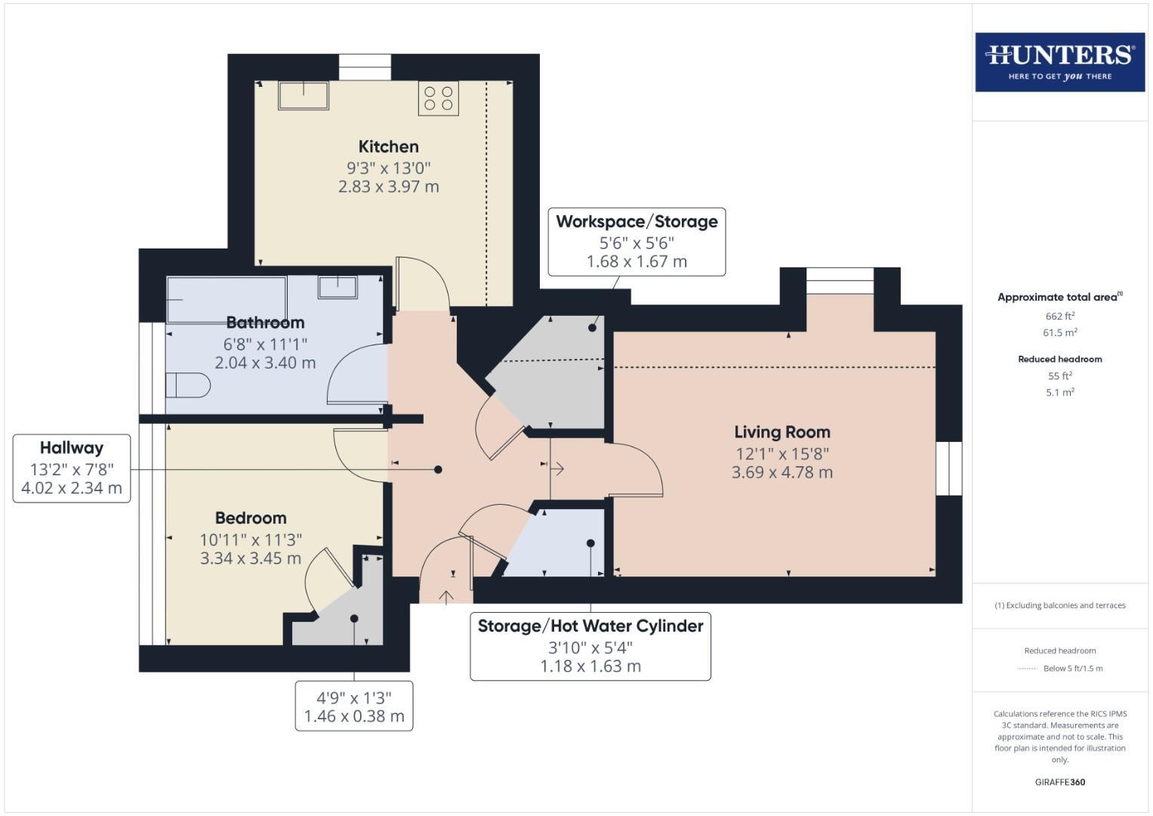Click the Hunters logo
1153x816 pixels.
point(1059,62)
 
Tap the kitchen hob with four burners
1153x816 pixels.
point(439,98)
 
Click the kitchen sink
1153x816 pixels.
point(304,96)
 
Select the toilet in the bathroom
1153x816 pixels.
point(187,385)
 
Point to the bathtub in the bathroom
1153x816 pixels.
point(227,299)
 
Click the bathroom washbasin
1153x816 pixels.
point(337,287)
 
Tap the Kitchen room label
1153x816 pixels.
point(388,147)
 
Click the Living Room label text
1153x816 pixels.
point(782,432)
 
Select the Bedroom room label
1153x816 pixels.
point(251,518)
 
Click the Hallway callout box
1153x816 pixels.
point(72,468)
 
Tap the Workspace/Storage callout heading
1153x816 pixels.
point(637,222)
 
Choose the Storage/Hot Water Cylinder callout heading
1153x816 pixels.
point(590,626)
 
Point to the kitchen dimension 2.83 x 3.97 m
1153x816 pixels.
point(388,187)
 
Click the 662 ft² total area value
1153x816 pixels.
point(1059,316)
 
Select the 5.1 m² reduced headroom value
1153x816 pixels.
point(1059,392)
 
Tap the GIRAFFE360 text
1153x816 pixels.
point(1059,782)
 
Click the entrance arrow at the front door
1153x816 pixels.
point(446,598)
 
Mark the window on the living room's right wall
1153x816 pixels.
point(948,468)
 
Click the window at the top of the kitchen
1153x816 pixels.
point(365,67)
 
